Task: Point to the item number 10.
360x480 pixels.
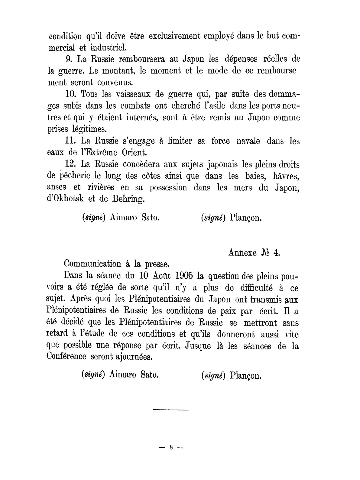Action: (x=70, y=94)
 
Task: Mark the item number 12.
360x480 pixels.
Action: (x=71, y=164)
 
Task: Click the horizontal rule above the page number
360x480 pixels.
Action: (x=171, y=410)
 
